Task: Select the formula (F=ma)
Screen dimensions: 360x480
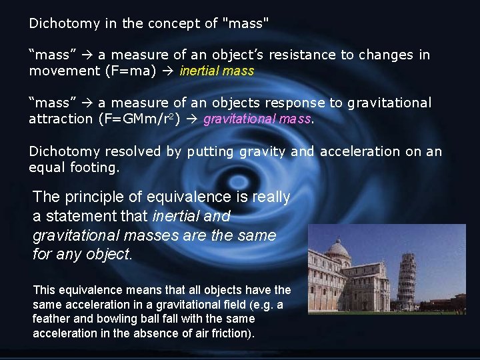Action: click(123, 71)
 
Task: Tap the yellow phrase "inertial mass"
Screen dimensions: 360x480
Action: click(217, 71)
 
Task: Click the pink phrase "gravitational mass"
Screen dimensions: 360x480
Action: click(257, 119)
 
